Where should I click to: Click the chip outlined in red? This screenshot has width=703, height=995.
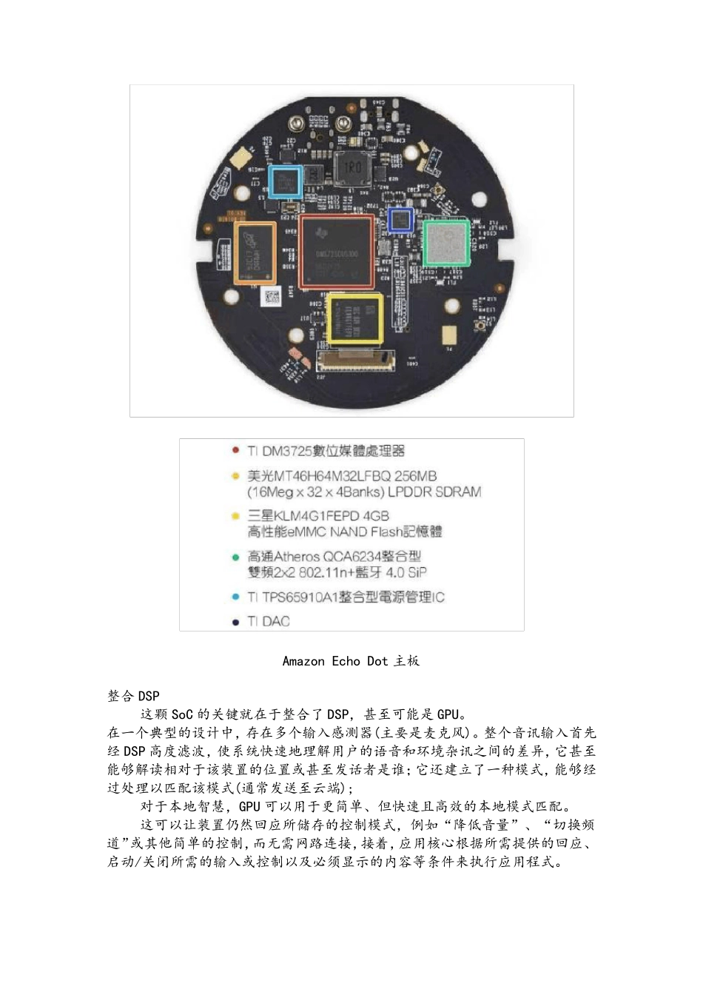pyautogui.click(x=337, y=251)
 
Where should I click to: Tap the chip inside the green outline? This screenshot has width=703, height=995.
pyautogui.click(x=446, y=242)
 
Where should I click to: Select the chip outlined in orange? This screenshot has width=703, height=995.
pyautogui.click(x=255, y=252)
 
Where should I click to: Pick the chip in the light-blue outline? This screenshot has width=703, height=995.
pyautogui.click(x=285, y=181)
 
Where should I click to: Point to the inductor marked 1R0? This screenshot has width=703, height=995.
pyautogui.click(x=352, y=168)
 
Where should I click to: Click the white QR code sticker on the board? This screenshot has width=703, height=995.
pyautogui.click(x=271, y=298)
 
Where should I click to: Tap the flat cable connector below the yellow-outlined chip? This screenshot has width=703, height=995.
pyautogui.click(x=356, y=362)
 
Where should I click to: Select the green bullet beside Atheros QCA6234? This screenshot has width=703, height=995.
pyautogui.click(x=235, y=557)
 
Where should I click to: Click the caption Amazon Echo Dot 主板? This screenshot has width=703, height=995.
pyautogui.click(x=351, y=660)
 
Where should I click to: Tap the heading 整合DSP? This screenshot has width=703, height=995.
pyautogui.click(x=133, y=696)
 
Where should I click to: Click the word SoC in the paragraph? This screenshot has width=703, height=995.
pyautogui.click(x=182, y=714)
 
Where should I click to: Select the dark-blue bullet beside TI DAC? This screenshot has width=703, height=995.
pyautogui.click(x=235, y=622)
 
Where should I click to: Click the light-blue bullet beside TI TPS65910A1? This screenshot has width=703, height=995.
pyautogui.click(x=235, y=597)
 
